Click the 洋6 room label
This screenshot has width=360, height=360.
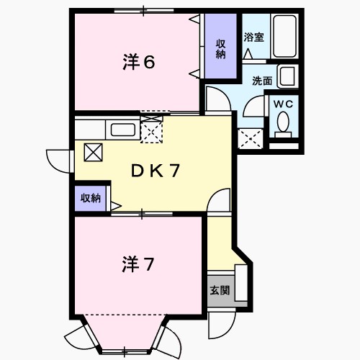(139, 62)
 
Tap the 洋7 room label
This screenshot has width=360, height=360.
(138, 264)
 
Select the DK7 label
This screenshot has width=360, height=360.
(156, 171)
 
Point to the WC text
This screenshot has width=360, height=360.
(283, 104)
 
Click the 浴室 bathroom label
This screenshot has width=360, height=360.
(254, 37)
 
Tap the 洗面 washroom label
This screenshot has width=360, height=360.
(262, 81)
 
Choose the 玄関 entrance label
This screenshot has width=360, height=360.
(220, 290)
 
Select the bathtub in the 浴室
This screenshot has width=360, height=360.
(284, 36)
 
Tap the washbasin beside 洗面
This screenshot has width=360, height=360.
(287, 76)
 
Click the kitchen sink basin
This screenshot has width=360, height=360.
(123, 130)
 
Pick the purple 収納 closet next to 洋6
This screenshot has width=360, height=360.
(220, 46)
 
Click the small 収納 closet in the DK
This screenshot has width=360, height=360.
(90, 198)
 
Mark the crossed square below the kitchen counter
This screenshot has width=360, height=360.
(93, 153)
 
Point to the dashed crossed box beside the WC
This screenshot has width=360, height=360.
(251, 139)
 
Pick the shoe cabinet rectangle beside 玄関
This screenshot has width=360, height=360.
(241, 283)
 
